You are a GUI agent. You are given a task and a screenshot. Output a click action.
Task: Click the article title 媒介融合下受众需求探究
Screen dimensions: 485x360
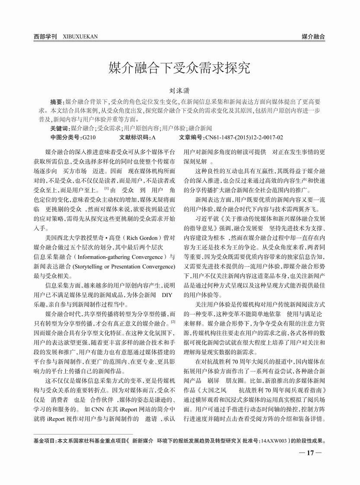click(x=179, y=67)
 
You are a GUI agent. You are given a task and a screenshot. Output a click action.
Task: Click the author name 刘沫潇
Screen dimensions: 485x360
click(x=180, y=91)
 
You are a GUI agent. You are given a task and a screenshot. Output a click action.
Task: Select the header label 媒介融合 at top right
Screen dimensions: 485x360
click(x=313, y=37)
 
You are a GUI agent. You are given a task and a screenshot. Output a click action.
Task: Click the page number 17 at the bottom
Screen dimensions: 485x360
click(x=309, y=453)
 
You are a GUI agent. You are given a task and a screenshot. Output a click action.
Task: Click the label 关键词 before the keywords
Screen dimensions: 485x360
click(x=60, y=128)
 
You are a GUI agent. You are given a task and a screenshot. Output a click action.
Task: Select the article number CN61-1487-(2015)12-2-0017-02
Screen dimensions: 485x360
click(x=244, y=137)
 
